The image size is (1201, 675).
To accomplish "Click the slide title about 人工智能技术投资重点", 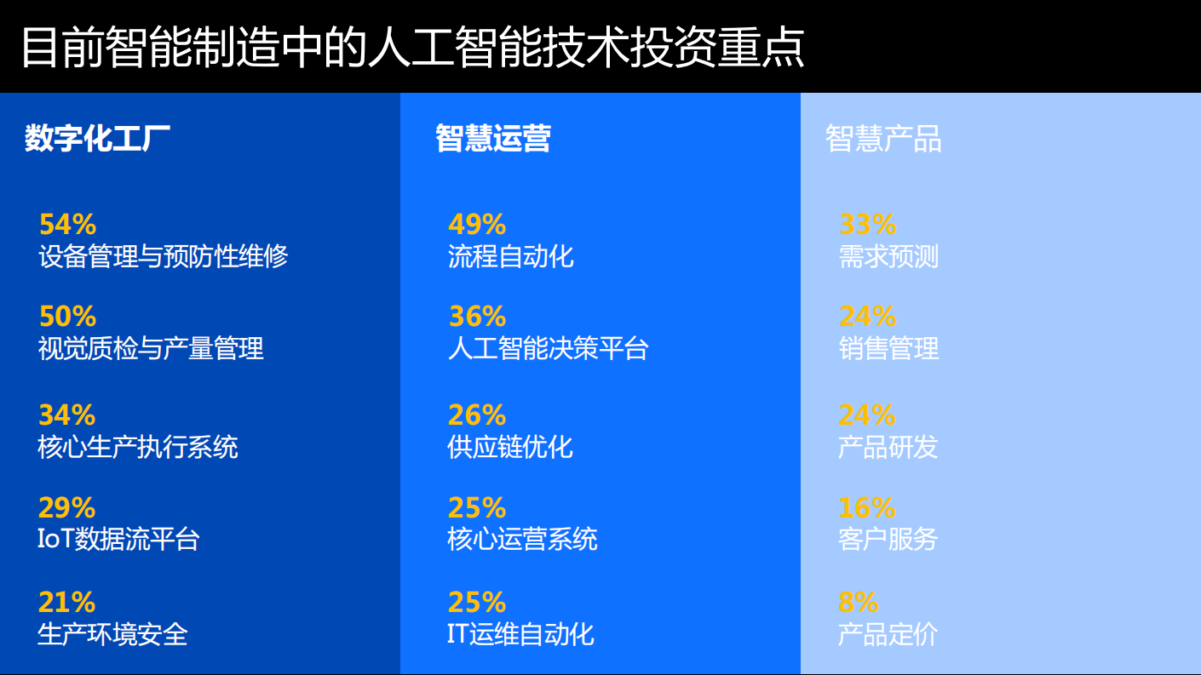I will (411, 47).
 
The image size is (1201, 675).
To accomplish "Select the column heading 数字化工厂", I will (97, 138).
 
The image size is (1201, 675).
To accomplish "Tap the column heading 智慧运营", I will (492, 138).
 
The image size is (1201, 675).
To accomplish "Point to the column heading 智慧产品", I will (883, 139).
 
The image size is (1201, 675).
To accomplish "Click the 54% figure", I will (67, 225).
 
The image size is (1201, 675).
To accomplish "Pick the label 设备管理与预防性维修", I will (164, 256).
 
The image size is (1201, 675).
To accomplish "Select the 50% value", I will (67, 317).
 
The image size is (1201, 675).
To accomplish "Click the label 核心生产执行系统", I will (138, 447).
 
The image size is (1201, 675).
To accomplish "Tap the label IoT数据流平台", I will (118, 539).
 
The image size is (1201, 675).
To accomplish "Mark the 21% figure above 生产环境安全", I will (66, 603).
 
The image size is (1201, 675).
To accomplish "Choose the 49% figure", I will (477, 225).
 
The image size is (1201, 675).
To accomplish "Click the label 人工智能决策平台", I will (548, 348).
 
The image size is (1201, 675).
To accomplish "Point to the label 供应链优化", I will (510, 447).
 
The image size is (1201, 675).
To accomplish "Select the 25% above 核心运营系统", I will (477, 508).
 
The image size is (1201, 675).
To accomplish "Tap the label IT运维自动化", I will (520, 634).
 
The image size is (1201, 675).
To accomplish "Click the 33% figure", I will (867, 225).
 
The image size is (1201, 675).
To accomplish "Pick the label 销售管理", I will (888, 348).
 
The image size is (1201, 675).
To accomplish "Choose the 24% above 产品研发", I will (867, 415).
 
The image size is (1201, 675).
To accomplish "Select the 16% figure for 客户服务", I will (866, 508).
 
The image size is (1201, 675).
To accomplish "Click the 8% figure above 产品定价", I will (858, 603).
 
